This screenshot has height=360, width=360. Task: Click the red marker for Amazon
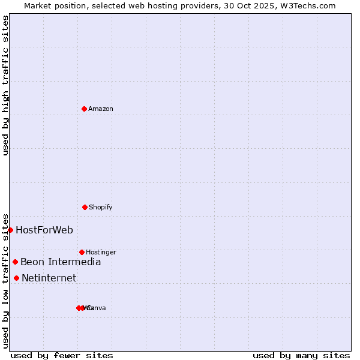[84, 109]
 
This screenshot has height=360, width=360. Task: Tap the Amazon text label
[101, 109]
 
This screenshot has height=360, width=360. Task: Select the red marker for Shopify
[85, 207]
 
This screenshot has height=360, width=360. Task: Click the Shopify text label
[101, 208]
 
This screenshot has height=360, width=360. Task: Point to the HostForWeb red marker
[10, 230]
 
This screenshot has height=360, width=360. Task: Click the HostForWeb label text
[44, 230]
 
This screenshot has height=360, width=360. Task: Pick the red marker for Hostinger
[82, 252]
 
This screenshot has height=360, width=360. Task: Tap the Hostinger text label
[101, 253]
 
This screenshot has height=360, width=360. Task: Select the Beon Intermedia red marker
[15, 262]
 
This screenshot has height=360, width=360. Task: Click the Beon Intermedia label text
[61, 262]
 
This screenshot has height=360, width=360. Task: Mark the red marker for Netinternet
[16, 278]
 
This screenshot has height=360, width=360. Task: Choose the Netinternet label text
[49, 278]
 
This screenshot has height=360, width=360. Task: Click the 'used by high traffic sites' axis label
[5, 85]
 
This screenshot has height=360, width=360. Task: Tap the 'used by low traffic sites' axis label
[5, 280]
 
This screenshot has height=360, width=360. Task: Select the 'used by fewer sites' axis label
[62, 356]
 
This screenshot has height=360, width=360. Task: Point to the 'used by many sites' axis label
[301, 356]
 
